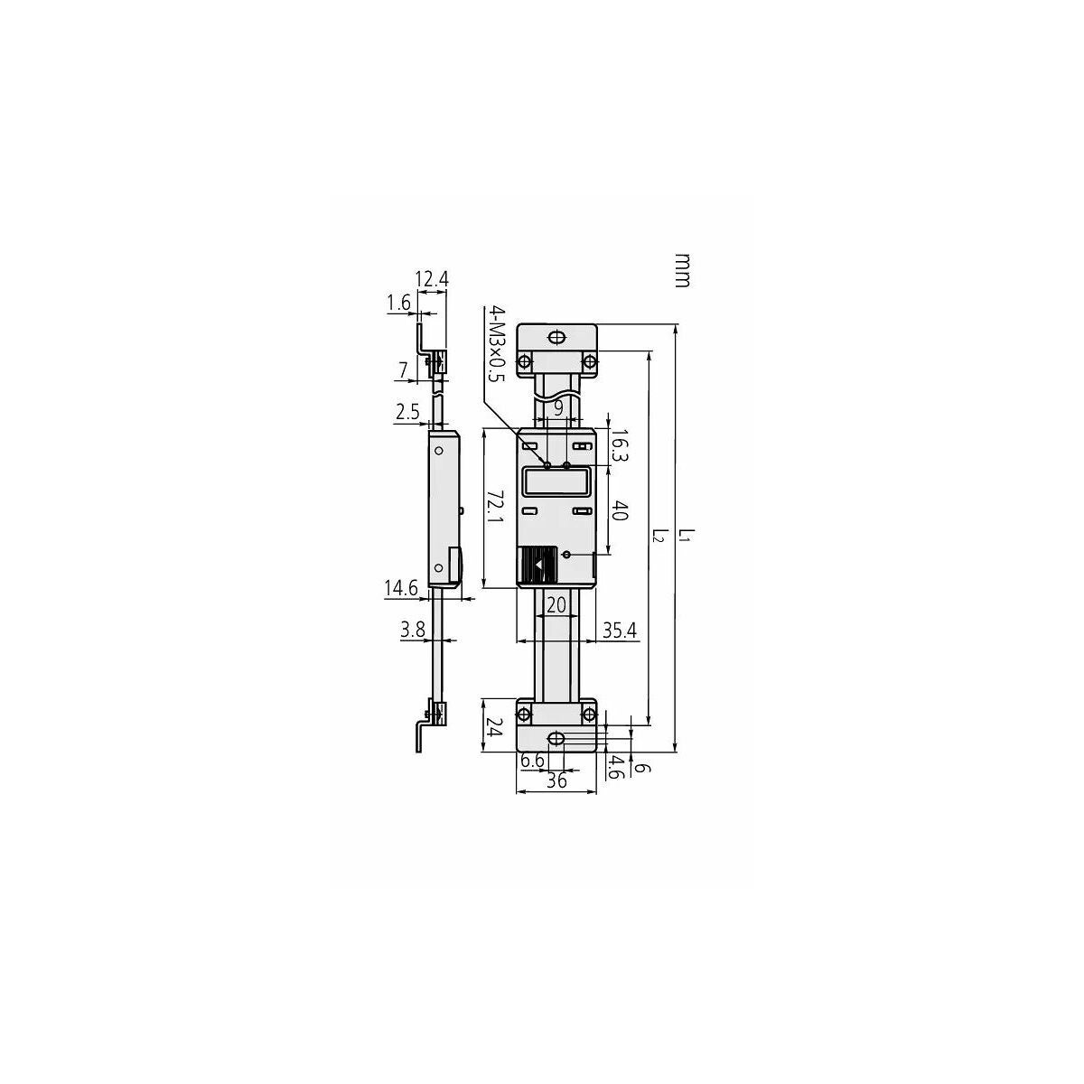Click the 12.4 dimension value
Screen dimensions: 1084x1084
[x=432, y=279]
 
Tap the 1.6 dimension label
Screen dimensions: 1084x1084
[x=399, y=304]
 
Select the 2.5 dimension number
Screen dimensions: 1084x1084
[x=407, y=412]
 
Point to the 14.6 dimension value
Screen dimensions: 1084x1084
[x=401, y=588]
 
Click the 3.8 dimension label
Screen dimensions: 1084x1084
[x=412, y=630]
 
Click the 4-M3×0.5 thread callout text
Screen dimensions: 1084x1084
[x=497, y=343]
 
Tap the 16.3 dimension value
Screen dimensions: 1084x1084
[x=618, y=446]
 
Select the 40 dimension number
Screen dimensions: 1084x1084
[x=618, y=509]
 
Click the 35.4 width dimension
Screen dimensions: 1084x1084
[x=620, y=631]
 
